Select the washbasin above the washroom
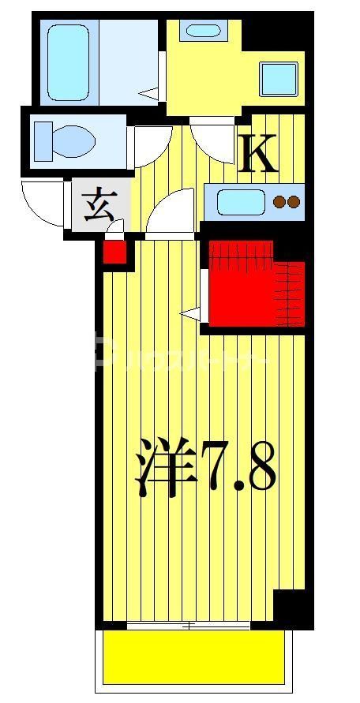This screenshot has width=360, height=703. point(203,31)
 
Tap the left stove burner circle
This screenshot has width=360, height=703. point(279,202)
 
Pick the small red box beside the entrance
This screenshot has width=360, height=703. point(114,252)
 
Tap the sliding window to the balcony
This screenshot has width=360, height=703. point(189,626)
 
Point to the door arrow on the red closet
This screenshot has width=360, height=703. point(190,313)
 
